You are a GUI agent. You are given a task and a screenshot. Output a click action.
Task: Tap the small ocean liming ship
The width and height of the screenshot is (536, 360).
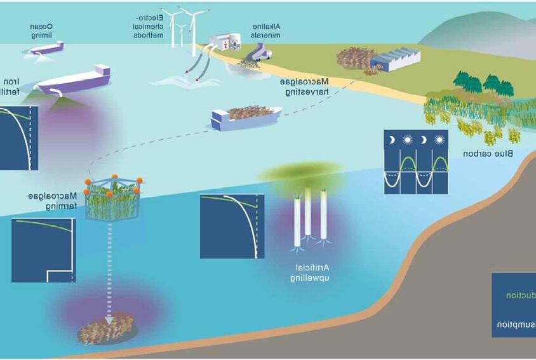tap(47, 47)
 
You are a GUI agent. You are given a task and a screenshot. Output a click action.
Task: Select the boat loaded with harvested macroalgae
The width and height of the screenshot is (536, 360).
tap(246, 116)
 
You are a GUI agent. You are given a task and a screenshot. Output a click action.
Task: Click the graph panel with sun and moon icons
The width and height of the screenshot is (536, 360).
tap(415, 161)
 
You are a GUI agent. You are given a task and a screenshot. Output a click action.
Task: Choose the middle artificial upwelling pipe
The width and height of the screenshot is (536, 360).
tap(308, 213)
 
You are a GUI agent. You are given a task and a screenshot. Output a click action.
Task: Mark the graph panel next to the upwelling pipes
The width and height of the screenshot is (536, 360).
tap(231, 226)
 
